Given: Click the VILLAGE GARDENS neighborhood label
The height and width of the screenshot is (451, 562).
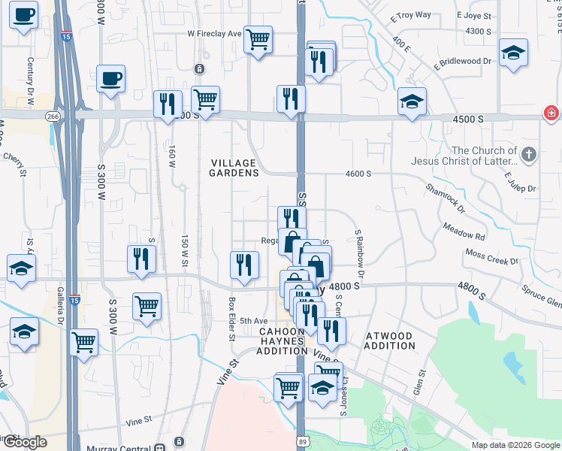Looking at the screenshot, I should point(233,168).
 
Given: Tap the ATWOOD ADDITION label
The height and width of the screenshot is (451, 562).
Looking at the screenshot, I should point(389,341).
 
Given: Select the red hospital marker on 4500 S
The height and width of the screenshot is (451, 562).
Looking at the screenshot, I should point(552,113).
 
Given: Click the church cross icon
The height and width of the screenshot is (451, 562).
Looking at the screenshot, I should point(530,156).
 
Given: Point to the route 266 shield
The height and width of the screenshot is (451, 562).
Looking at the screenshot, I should point(52,116).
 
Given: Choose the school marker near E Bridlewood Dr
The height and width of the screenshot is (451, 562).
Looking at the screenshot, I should point(514,53).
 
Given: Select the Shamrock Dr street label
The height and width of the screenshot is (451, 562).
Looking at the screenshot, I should point(445,198).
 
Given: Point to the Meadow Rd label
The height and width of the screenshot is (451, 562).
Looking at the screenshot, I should point(464,232).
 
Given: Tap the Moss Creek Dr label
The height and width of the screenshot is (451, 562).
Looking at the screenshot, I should point(491,257).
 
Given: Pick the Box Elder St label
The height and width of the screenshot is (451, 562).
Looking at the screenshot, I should point(231,319).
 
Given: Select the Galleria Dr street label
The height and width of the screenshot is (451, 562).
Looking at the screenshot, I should point(54,303).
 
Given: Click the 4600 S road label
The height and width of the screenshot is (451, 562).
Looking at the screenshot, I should point(358,174).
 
